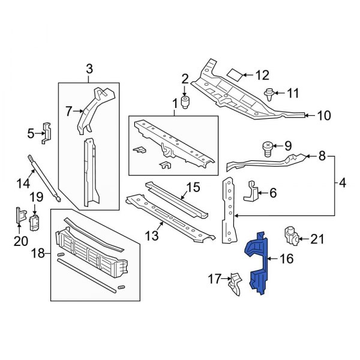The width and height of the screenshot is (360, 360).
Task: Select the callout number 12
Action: [263, 76]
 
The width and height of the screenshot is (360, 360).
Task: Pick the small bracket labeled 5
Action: [47, 133]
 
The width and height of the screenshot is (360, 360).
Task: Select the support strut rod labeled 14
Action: [44, 177]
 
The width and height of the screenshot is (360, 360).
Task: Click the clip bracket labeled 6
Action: [251, 192]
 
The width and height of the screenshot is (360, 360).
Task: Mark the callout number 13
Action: [152, 236]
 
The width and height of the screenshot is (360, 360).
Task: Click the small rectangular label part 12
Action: [236, 75]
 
